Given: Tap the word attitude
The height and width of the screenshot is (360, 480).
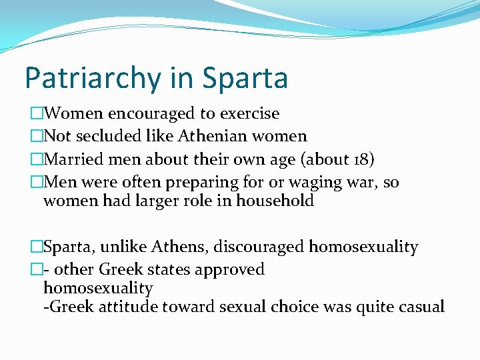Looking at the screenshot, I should [124, 307].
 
